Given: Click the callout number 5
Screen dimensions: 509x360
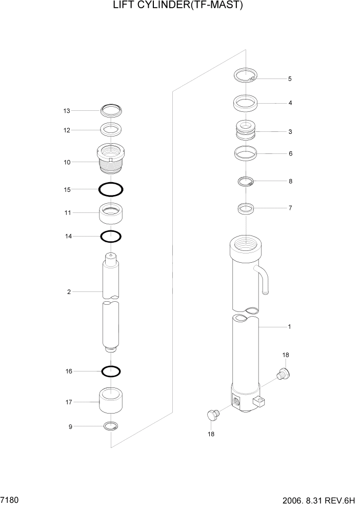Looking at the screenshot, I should click(x=290, y=79).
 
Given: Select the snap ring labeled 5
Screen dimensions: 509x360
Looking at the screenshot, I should click(x=245, y=76).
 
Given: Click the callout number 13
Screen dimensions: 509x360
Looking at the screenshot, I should click(x=66, y=111).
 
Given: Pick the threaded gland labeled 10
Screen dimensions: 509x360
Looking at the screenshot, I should click(x=111, y=159).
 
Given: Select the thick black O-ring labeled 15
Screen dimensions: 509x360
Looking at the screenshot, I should click(x=111, y=189).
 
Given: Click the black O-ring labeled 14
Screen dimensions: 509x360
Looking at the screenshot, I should click(x=111, y=236).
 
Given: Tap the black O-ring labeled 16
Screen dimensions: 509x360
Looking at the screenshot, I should click(x=111, y=371).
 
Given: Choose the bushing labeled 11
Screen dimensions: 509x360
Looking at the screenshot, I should click(x=111, y=213).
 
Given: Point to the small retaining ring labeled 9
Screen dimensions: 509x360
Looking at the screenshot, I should click(x=111, y=426).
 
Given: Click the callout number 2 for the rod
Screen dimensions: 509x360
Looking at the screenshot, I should click(x=68, y=292).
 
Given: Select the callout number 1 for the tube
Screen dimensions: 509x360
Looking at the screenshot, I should click(x=289, y=326).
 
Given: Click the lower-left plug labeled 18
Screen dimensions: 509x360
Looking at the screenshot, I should click(x=212, y=415).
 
